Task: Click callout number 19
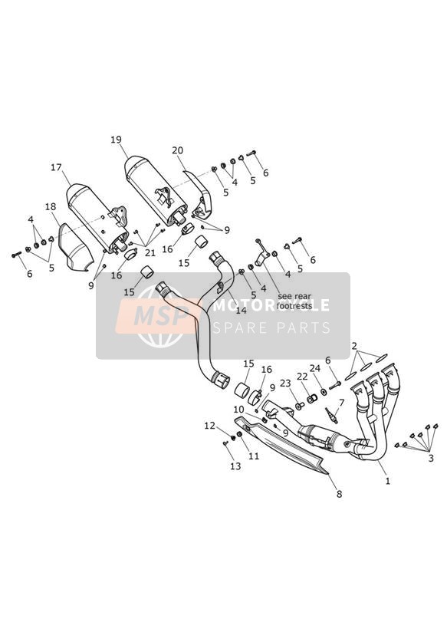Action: [x=116, y=140]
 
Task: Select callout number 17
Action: [x=56, y=167]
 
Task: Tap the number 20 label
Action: [x=177, y=151]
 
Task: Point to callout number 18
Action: [x=51, y=207]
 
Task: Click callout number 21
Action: [x=150, y=254]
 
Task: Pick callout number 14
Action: [x=241, y=311]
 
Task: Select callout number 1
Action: [x=388, y=481]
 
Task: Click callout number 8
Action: [x=339, y=493]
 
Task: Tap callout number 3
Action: [x=431, y=459]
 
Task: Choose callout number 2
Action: [x=354, y=346]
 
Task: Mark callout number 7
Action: [x=341, y=403]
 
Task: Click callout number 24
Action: [x=315, y=368]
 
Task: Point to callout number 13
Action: [x=235, y=466]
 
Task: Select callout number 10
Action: [x=238, y=410]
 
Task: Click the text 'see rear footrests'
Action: [x=294, y=301]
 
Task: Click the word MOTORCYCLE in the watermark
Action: [x=271, y=305]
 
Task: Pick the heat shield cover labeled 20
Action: [x=200, y=193]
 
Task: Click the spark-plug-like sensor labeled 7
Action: [x=331, y=415]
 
